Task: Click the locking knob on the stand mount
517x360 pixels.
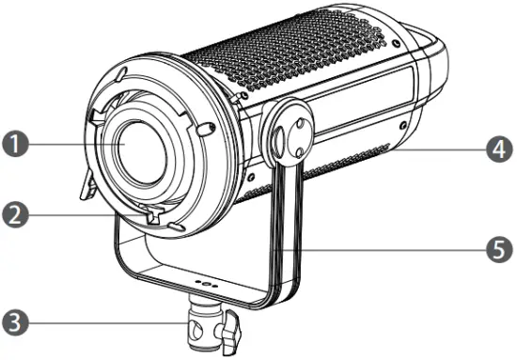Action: tap(231, 331)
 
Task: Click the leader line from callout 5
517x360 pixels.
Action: tap(395, 249)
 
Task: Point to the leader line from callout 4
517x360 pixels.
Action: tap(442, 148)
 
